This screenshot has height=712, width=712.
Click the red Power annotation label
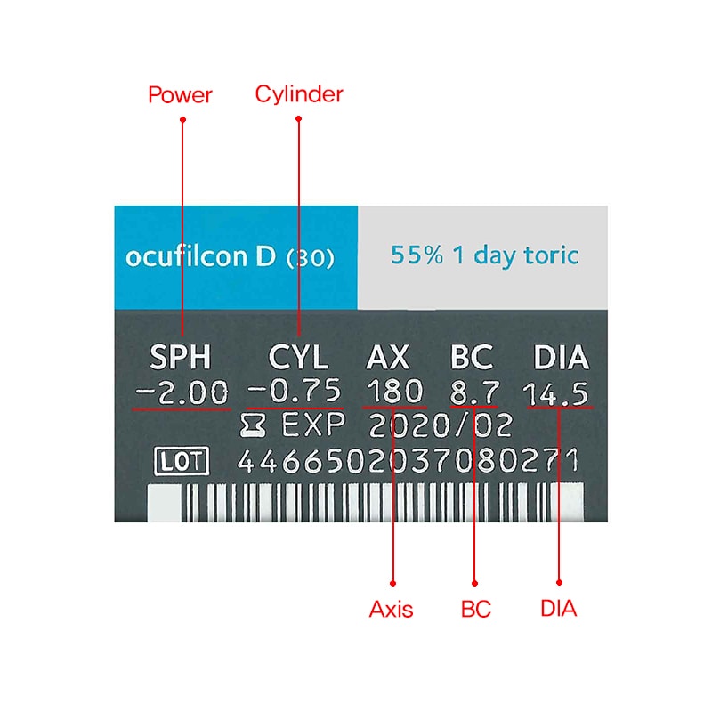180,95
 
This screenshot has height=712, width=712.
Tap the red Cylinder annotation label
299,94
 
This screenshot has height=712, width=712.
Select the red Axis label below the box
391,609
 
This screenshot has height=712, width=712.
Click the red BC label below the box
475,609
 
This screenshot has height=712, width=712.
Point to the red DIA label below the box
559,609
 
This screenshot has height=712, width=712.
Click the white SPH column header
181,357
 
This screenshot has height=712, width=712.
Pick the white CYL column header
298,357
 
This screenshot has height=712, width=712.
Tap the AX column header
387,357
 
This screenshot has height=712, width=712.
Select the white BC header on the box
472,357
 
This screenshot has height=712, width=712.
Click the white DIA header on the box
561,357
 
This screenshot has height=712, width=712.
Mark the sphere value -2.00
182,392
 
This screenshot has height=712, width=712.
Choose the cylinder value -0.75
295,391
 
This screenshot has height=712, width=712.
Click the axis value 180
394,391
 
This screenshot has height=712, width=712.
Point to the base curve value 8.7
474,392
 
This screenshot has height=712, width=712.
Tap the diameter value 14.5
555,393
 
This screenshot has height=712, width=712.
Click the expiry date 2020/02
441,426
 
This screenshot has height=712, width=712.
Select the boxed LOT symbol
182,461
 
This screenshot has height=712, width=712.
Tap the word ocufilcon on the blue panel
187,256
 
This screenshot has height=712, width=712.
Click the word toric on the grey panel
551,255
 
